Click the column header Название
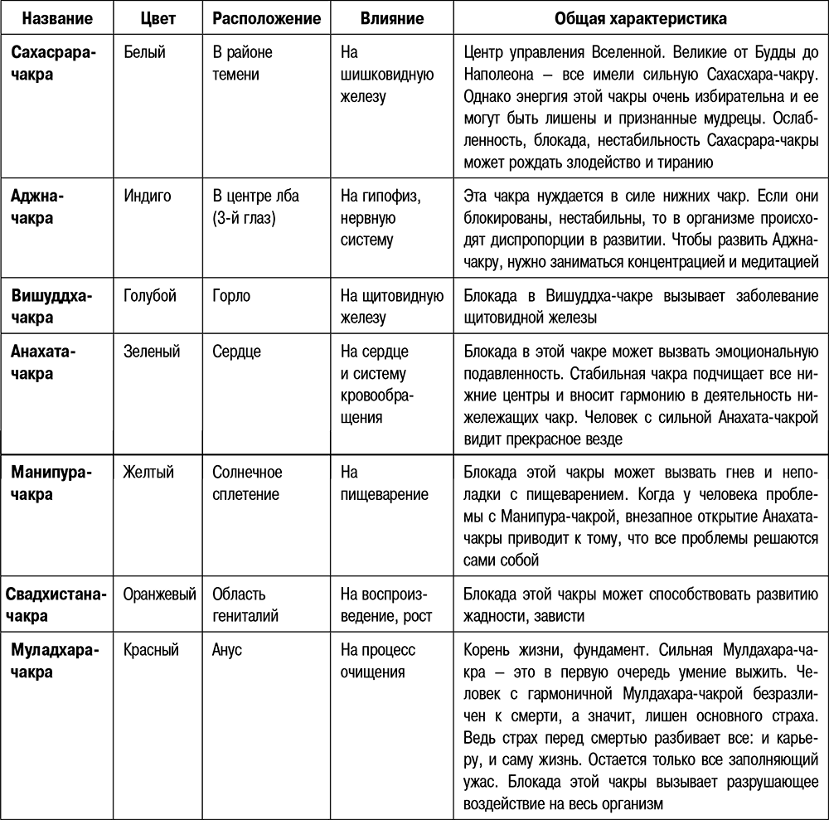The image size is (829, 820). pyautogui.click(x=57, y=17)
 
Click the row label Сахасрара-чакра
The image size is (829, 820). pyautogui.click(x=53, y=64)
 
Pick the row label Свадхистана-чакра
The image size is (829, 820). pyautogui.click(x=58, y=604)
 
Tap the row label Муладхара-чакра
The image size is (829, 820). pyautogui.click(x=54, y=661)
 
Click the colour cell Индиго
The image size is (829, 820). pyautogui.click(x=147, y=197)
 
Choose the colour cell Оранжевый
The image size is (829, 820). pyautogui.click(x=159, y=594)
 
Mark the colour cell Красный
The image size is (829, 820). pyautogui.click(x=151, y=650)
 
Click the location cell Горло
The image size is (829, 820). pyautogui.click(x=231, y=296)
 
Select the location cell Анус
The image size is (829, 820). pyautogui.click(x=227, y=650)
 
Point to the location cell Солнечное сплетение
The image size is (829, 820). pyautogui.click(x=247, y=483)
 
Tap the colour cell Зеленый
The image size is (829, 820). pyautogui.click(x=151, y=352)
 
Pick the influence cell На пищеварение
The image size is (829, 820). pyautogui.click(x=384, y=483)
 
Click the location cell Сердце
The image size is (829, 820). pyautogui.click(x=236, y=352)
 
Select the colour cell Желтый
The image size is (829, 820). pyautogui.click(x=148, y=473)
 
